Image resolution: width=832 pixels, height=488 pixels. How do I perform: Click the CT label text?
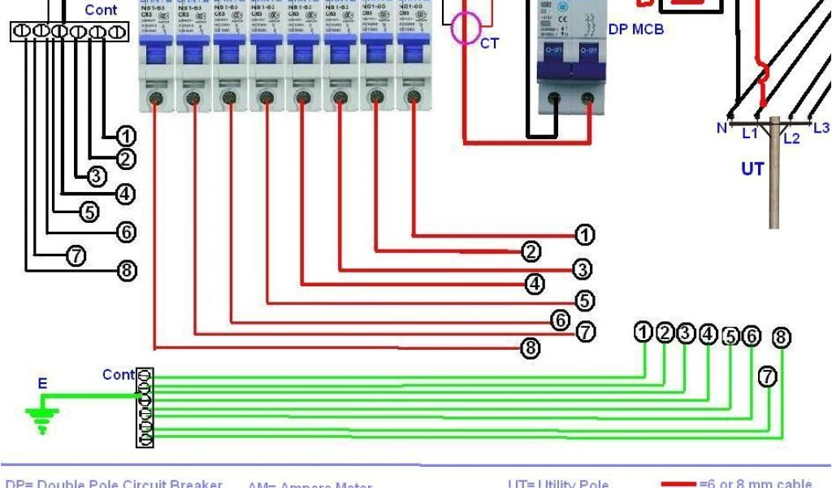(x=489, y=43)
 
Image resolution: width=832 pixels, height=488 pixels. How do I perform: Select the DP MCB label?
(x=635, y=30)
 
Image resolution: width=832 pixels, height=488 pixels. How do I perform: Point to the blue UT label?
(x=752, y=169)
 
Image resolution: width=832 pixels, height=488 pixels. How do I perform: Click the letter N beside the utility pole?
(x=721, y=128)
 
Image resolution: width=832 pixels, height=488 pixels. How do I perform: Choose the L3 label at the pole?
(x=821, y=128)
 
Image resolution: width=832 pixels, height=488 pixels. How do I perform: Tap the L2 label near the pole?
(x=791, y=138)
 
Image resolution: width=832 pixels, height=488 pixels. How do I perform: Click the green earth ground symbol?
(x=37, y=418)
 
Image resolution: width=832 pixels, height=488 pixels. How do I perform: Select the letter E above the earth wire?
(x=42, y=384)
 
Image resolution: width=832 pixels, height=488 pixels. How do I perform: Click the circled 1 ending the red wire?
(x=584, y=236)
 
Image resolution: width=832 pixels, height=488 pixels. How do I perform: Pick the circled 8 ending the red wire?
(x=531, y=349)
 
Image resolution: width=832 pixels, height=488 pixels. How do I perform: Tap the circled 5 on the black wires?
(x=89, y=212)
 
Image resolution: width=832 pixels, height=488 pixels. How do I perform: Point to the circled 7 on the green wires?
(x=767, y=377)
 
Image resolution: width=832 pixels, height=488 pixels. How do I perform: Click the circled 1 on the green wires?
(x=643, y=333)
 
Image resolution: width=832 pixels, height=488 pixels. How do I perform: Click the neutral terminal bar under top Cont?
(x=69, y=32)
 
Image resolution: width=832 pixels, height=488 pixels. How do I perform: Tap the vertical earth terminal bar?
(x=145, y=407)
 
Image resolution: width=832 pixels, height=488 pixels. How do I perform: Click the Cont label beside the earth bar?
(x=118, y=375)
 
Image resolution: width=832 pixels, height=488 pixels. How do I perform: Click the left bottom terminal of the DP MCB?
(x=556, y=98)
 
